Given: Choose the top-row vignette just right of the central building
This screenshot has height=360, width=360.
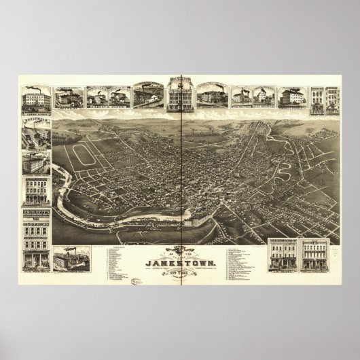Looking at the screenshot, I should pyautogui.click(x=213, y=96).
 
